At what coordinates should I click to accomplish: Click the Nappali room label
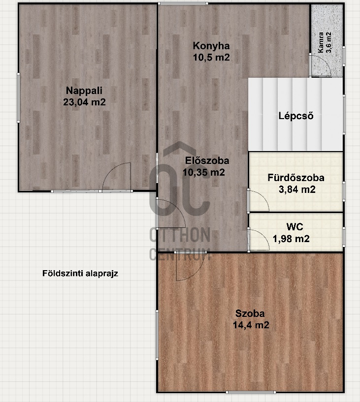tap(84, 91)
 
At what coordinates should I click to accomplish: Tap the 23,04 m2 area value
tap(84, 102)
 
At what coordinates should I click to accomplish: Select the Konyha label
tap(211, 46)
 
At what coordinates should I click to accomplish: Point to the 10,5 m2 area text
tap(211, 57)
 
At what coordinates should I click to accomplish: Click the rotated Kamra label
tap(321, 42)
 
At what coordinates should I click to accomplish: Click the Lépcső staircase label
tap(296, 116)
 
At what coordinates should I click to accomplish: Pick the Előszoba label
tap(207, 161)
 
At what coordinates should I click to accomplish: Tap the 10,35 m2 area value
tap(204, 172)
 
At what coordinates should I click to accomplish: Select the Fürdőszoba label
tap(296, 178)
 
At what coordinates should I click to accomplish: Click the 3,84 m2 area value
tap(297, 189)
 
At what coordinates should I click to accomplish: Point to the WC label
tap(295, 227)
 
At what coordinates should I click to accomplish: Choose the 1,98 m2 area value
tap(291, 239)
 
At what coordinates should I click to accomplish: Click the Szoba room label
tap(250, 313)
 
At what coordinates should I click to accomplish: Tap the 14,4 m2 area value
tap(251, 325)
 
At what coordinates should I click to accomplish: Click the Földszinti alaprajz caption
tap(80, 274)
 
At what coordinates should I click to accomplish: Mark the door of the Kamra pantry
tap(321, 65)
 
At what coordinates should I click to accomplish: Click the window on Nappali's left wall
tap(19, 98)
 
